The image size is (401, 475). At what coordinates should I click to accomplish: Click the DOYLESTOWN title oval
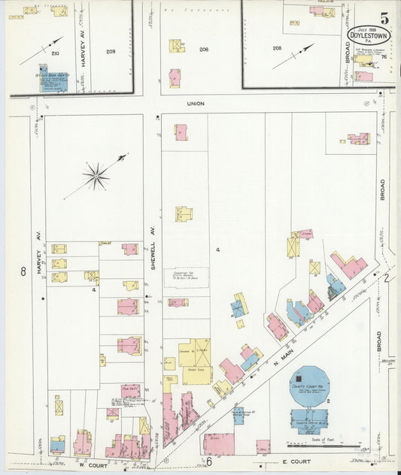(369, 35)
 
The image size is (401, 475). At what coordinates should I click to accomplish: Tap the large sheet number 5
(384, 17)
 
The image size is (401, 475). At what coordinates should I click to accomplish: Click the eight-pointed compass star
(96, 176)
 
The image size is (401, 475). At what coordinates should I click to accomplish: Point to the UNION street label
(196, 104)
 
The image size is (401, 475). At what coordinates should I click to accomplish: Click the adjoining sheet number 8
(23, 271)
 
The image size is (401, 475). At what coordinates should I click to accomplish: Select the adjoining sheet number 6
(209, 461)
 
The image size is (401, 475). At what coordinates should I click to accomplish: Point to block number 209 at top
(111, 52)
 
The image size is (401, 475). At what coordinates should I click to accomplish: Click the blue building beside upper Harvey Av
(53, 81)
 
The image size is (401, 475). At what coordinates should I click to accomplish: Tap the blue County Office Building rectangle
(308, 420)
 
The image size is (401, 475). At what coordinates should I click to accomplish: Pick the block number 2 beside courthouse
(329, 402)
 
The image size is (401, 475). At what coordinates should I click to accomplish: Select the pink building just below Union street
(181, 132)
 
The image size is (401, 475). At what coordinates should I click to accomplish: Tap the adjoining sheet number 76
(384, 57)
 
